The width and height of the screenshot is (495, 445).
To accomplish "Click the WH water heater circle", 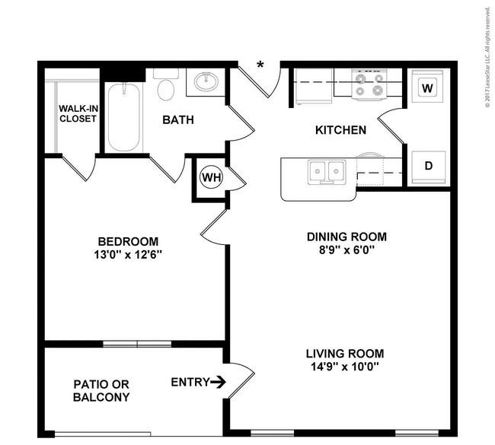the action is [212, 177].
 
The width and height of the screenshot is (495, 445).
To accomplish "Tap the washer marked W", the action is [427, 86].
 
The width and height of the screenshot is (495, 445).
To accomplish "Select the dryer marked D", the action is [428, 167].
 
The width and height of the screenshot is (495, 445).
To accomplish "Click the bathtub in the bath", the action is [124, 117].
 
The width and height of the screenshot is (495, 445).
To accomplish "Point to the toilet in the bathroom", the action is [166, 84].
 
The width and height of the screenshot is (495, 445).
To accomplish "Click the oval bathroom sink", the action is [206, 81].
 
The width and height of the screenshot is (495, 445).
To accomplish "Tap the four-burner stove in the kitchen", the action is [369, 84].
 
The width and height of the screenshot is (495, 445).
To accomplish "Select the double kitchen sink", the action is [327, 172].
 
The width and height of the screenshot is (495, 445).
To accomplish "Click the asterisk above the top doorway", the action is [260, 65].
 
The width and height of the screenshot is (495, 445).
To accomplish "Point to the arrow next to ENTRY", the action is [218, 382].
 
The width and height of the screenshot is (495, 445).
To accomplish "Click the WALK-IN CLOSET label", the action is [78, 113].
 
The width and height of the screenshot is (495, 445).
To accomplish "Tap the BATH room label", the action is [178, 120].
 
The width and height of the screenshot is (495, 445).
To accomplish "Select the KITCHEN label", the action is [340, 130].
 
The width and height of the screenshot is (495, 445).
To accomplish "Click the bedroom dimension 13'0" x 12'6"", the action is [128, 254].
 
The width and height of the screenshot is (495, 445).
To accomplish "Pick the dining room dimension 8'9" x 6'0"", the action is [346, 250].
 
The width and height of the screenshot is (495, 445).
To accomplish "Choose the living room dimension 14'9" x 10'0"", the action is [345, 367].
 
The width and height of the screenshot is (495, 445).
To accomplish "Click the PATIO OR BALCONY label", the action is [101, 391].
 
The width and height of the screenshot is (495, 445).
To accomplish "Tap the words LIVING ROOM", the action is [345, 354].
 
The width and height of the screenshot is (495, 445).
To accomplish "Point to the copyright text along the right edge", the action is [488, 57].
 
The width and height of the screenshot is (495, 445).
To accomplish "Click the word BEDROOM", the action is [128, 242].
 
